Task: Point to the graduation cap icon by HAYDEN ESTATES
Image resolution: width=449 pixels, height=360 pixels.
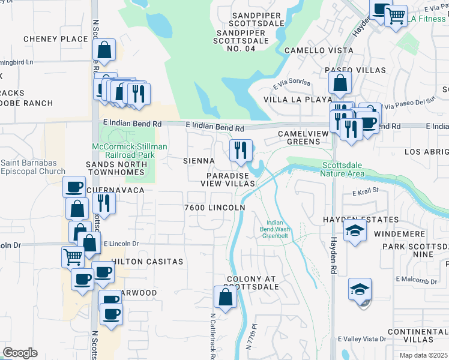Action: pyautogui.click(x=355, y=230)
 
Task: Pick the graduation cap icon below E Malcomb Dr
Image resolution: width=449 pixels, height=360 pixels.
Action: pyautogui.click(x=360, y=289)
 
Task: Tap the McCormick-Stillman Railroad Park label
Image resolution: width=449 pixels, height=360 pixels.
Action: pyautogui.click(x=129, y=151)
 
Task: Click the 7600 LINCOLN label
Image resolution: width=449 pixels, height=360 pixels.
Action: pyautogui.click(x=214, y=208)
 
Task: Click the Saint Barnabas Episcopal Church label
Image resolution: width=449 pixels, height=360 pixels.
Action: pyautogui.click(x=33, y=167)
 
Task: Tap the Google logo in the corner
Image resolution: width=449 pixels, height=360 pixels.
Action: pyautogui.click(x=19, y=353)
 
